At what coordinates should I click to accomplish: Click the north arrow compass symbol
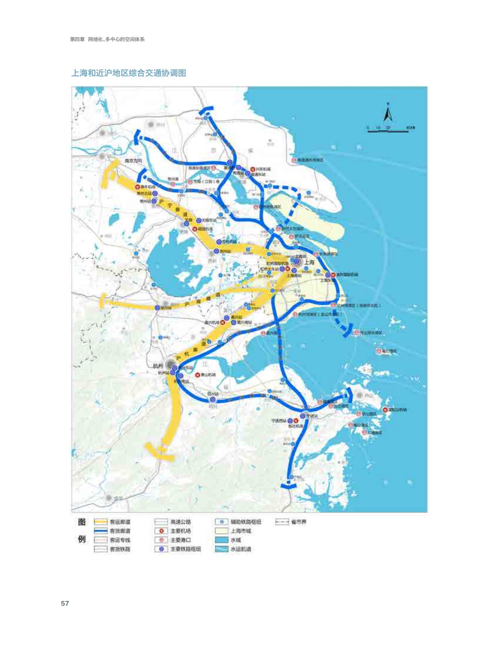coord(388,113)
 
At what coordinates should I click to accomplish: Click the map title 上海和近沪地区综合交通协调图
coord(129,73)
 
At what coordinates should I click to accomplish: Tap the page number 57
coord(65,604)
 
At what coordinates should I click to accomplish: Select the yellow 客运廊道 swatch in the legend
coord(100,522)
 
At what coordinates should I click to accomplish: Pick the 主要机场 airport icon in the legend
coord(161,531)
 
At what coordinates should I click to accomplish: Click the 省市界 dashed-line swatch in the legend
coord(282,522)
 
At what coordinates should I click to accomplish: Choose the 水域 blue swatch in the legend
coord(222,540)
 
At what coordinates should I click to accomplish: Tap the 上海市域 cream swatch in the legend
coord(222,531)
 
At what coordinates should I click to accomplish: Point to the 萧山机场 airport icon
coord(198,375)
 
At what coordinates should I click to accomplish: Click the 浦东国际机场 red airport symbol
coord(333,275)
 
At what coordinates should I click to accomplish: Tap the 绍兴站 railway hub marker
coord(212,400)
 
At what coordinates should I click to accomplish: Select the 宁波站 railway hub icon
coord(303,416)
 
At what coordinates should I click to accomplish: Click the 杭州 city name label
coord(158,366)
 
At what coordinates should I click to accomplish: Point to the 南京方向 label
coord(133,161)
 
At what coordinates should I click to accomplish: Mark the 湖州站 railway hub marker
coord(157,308)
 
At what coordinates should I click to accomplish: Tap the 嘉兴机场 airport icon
coord(223,322)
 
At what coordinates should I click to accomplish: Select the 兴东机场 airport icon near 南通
coord(252,169)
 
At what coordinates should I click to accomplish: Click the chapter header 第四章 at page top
coord(77,39)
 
